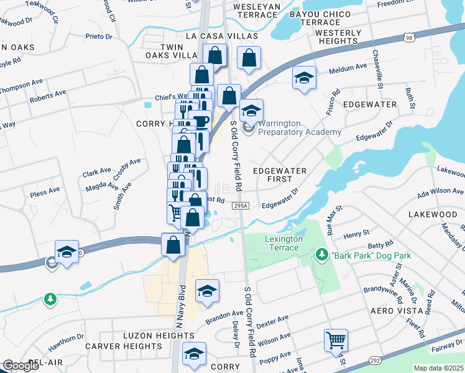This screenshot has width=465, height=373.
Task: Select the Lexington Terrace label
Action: pos(283,243)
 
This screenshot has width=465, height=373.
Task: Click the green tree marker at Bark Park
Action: pos(321,254)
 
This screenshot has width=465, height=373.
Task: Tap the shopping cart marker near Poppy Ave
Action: pos(336,341)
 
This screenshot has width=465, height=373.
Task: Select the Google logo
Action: pos(21,366)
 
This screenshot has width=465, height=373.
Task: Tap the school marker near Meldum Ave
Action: pos(304,78)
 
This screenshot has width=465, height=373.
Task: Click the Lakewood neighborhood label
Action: pos(432,214)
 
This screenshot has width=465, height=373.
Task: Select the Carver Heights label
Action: pos(124,346)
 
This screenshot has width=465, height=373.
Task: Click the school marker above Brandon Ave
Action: pos(208,291)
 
